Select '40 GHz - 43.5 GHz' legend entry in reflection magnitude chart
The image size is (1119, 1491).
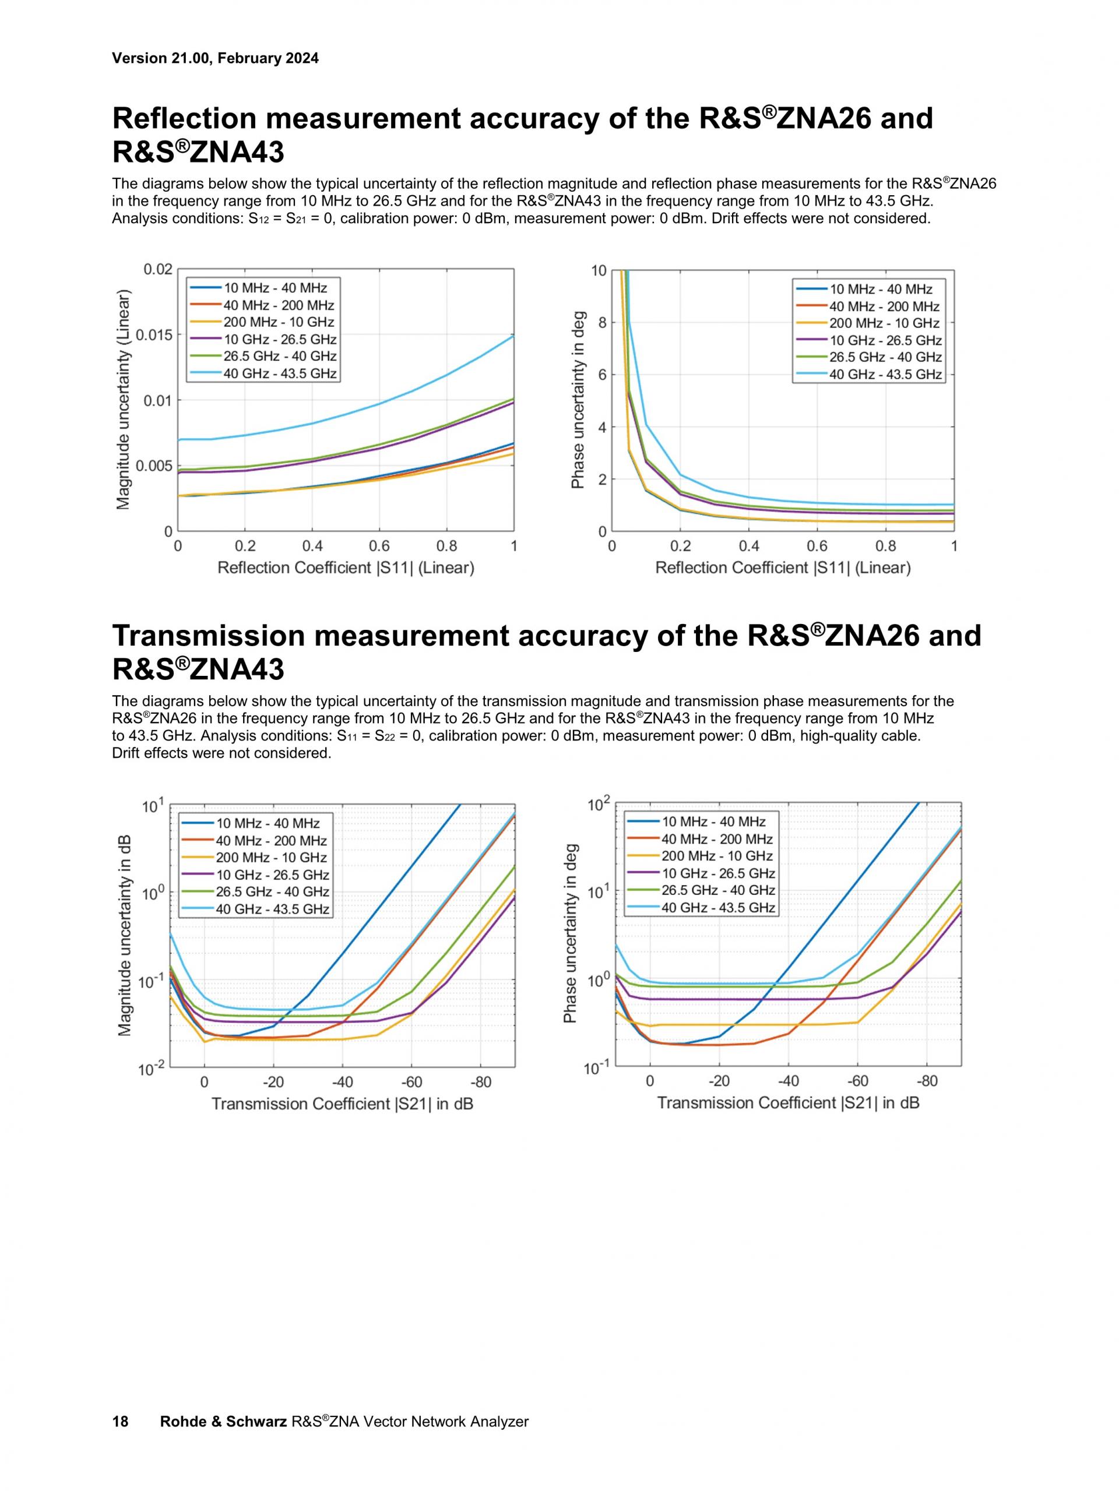coord(280,373)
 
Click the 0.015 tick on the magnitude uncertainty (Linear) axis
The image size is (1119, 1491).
coord(154,335)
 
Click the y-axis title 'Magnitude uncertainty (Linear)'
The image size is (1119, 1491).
coord(123,400)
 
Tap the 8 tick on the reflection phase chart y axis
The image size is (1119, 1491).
coord(599,322)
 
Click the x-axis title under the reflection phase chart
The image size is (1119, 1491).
coord(783,568)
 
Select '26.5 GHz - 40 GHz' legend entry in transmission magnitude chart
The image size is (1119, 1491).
coord(272,892)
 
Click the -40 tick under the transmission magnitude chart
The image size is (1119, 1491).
coord(343,1082)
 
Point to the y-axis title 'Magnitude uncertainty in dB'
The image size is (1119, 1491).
coord(124,936)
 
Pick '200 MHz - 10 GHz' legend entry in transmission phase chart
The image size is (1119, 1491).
coord(717,856)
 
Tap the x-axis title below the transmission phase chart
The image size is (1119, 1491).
coord(788,1103)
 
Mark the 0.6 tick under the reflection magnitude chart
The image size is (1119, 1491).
coord(379,545)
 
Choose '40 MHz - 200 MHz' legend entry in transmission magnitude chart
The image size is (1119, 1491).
coord(271,841)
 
